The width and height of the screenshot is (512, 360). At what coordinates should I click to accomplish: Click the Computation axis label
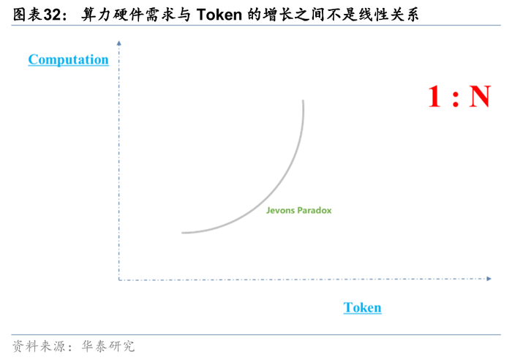[x=68, y=60]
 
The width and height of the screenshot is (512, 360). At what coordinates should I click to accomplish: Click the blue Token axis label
[x=362, y=307]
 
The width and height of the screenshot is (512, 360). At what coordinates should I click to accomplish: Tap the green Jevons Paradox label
[x=298, y=210]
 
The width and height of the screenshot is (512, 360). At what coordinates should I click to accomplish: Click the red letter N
[x=479, y=97]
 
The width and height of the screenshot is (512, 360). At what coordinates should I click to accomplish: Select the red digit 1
[x=434, y=97]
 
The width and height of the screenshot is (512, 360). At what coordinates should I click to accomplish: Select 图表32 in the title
[x=35, y=14]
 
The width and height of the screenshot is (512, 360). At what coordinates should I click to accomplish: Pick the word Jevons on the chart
[x=280, y=210]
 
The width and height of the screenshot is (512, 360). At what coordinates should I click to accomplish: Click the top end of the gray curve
[x=303, y=101]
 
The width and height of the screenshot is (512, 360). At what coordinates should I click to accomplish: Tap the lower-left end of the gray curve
[x=183, y=233]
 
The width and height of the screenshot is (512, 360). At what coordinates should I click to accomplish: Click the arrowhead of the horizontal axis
[x=488, y=278]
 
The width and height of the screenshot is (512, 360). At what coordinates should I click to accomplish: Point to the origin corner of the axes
[x=118, y=279]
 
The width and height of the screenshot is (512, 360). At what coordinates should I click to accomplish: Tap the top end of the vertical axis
[x=118, y=45]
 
